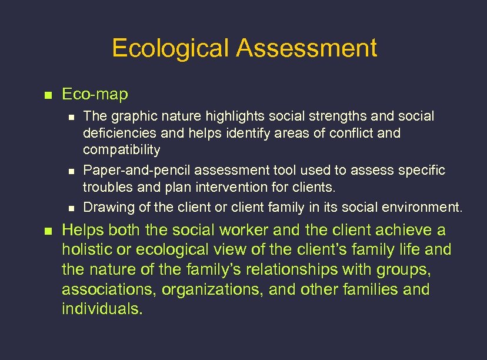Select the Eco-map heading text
click(95, 94)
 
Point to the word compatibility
click(121, 150)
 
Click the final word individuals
click(102, 309)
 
